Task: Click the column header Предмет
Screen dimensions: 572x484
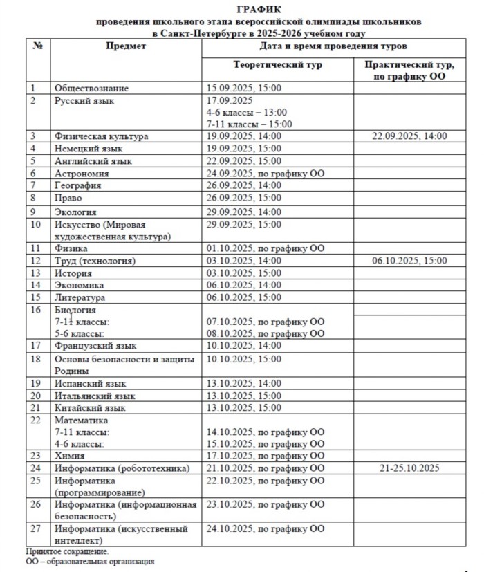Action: tap(126, 46)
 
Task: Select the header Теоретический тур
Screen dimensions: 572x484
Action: tap(278, 64)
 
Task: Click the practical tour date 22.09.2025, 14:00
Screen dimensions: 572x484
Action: tap(409, 136)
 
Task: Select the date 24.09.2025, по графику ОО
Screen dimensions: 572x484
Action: tap(266, 174)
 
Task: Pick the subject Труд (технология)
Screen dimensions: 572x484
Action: tap(95, 261)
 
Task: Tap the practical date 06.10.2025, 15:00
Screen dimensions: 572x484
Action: tap(409, 261)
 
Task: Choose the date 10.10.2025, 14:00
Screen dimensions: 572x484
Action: tap(244, 345)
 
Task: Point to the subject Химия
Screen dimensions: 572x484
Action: tap(70, 456)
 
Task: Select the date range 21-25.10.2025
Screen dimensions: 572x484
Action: tap(409, 468)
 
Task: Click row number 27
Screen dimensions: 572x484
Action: tap(37, 529)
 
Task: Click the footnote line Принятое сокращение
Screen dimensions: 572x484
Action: tap(67, 551)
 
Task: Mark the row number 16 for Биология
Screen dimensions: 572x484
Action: tap(37, 310)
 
